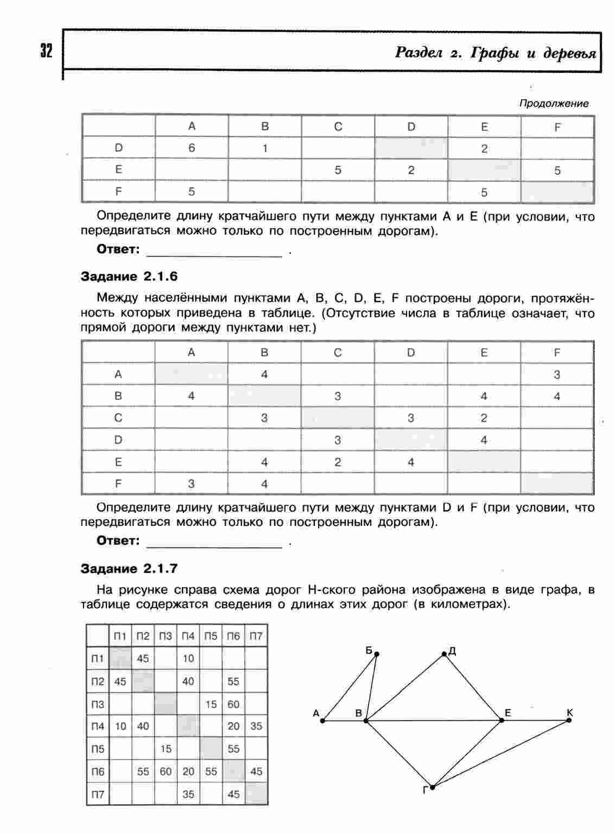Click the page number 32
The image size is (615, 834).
pyautogui.click(x=46, y=52)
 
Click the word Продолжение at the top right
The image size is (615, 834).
pyautogui.click(x=554, y=103)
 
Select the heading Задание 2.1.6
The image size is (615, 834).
pyautogui.click(x=129, y=277)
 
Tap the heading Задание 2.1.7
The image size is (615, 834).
pyautogui.click(x=129, y=569)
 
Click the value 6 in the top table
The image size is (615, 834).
pyautogui.click(x=192, y=148)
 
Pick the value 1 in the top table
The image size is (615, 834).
pyautogui.click(x=265, y=148)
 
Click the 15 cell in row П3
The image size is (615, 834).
pyautogui.click(x=211, y=704)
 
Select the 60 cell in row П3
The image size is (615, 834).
pyautogui.click(x=233, y=704)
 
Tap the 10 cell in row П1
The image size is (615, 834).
pyautogui.click(x=188, y=659)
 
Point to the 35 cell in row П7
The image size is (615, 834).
pyautogui.click(x=188, y=794)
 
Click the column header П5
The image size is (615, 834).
pyautogui.click(x=211, y=636)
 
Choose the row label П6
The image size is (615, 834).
pyautogui.click(x=98, y=772)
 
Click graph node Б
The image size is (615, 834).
pyautogui.click(x=377, y=654)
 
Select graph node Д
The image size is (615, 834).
pyautogui.click(x=444, y=654)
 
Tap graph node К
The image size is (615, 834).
pyautogui.click(x=569, y=720)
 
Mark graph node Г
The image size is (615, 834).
pyautogui.click(x=433, y=786)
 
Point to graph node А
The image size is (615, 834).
pyautogui.click(x=322, y=721)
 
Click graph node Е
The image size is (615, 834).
pyautogui.click(x=502, y=720)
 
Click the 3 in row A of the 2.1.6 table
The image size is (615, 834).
pyautogui.click(x=557, y=374)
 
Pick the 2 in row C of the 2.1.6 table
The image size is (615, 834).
pyautogui.click(x=484, y=418)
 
